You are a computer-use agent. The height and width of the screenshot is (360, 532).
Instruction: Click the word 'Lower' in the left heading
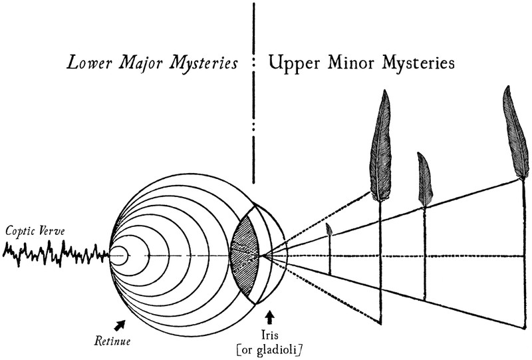pyautogui.click(x=86, y=64)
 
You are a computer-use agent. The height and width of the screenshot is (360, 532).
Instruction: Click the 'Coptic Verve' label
pyautogui.click(x=31, y=232)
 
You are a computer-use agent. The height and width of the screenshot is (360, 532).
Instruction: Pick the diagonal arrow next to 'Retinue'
pyautogui.click(x=120, y=324)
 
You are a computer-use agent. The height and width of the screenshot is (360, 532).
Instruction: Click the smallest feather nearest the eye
pyautogui.click(x=329, y=230)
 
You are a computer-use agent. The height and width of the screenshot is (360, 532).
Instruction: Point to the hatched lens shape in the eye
pyautogui.click(x=243, y=255)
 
